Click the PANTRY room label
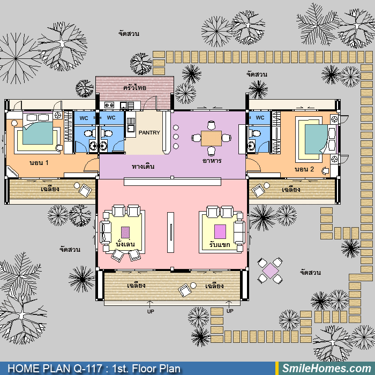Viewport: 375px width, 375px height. click(x=149, y=132)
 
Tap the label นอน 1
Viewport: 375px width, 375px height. click(x=39, y=163)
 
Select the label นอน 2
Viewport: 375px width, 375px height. click(x=304, y=169)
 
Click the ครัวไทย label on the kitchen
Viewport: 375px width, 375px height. click(x=134, y=87)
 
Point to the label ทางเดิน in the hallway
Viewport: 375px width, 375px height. click(x=143, y=167)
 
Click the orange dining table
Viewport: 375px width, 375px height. click(x=211, y=138)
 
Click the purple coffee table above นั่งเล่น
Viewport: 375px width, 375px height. click(x=125, y=232)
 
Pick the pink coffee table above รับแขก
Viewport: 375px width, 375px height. click(x=220, y=231)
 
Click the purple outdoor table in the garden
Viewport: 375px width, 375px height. click(x=270, y=271)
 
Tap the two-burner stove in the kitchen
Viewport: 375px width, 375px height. click(x=109, y=105)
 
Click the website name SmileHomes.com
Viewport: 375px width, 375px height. click(x=327, y=369)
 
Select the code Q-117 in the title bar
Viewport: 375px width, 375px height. click(x=87, y=369)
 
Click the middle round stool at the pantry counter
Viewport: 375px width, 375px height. click(x=176, y=137)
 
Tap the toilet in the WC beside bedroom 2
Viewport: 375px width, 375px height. click(x=254, y=133)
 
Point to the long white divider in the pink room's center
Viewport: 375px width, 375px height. click(x=170, y=232)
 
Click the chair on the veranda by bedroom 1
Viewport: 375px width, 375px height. click(x=85, y=190)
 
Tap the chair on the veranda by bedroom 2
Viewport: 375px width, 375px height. click(x=258, y=190)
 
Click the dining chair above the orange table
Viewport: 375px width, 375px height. click(x=211, y=125)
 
